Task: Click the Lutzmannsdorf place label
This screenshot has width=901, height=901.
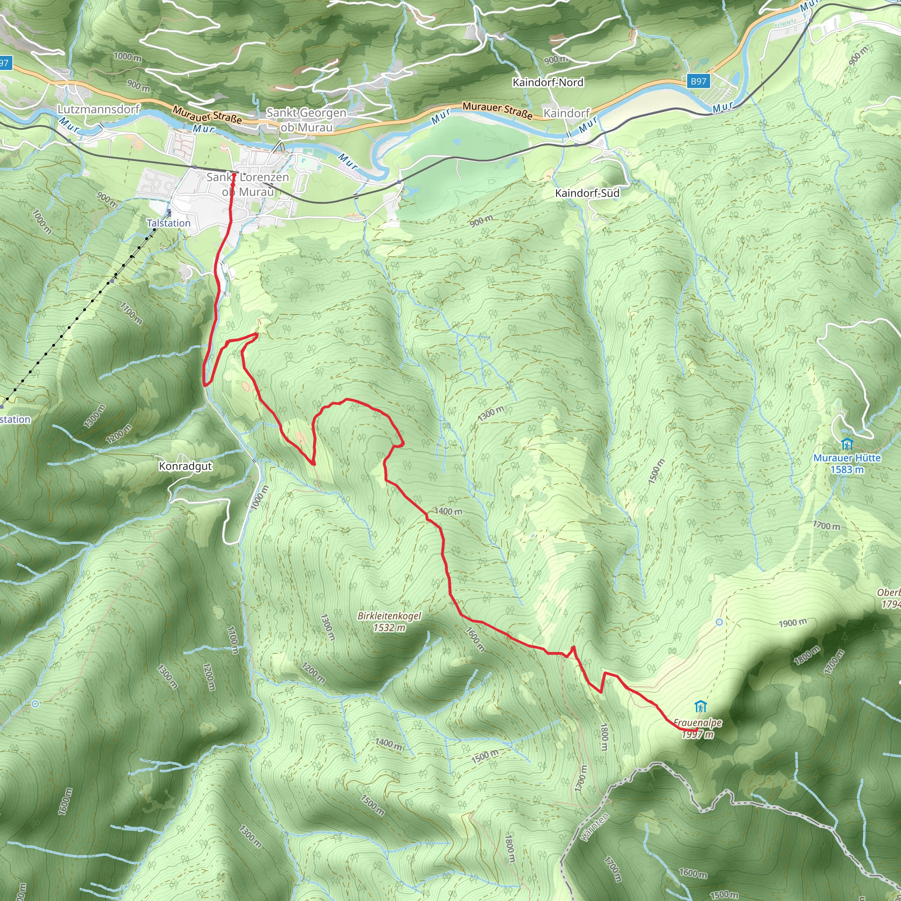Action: click(x=99, y=109)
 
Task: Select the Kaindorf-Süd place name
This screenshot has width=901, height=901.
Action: click(x=587, y=193)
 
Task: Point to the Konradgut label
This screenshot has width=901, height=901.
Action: click(x=185, y=466)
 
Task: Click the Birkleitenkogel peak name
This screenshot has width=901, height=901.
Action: click(x=389, y=616)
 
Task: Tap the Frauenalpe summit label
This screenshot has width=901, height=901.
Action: click(x=697, y=723)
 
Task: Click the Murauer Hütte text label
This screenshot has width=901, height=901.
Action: click(x=846, y=458)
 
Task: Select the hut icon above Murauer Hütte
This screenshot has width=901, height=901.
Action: click(x=847, y=444)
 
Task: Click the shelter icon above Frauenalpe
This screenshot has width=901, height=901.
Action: click(x=700, y=707)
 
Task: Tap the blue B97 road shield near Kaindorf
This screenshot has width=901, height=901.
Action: click(x=698, y=81)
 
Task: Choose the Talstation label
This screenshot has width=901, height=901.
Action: click(x=168, y=223)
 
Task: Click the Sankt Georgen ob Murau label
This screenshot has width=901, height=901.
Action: click(x=306, y=120)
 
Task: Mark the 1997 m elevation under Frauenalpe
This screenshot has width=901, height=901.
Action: click(x=697, y=735)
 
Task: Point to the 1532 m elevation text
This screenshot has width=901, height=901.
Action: click(x=389, y=628)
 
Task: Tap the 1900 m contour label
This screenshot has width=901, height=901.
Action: click(x=792, y=623)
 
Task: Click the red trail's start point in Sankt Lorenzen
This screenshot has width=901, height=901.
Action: click(x=233, y=176)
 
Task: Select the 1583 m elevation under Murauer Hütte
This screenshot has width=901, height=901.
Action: click(x=846, y=469)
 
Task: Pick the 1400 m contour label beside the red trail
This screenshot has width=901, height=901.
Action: click(x=448, y=511)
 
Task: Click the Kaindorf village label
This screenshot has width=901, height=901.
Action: click(x=566, y=114)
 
